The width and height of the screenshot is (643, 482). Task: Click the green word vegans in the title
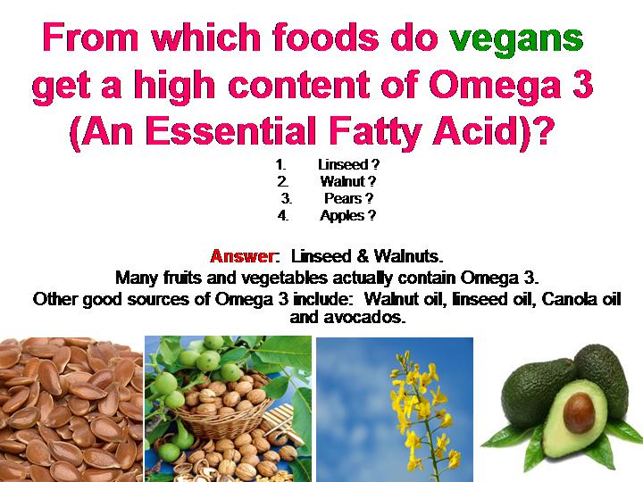pos(516,40)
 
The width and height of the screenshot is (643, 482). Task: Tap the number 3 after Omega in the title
pos(582,84)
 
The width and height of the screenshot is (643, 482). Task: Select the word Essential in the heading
pos(231,130)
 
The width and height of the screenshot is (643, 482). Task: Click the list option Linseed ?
pos(348,165)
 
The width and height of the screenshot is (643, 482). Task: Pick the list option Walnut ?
pos(347,181)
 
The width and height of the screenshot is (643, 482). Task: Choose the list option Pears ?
pos(348,199)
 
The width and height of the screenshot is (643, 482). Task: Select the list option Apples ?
pos(347,216)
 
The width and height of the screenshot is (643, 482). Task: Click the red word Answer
pos(242,256)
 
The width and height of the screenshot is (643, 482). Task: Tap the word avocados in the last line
pos(363,317)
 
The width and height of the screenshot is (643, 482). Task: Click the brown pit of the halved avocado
pos(579,411)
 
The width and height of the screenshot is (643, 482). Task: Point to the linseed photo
pos(71,409)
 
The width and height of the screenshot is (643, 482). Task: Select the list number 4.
pos(282,216)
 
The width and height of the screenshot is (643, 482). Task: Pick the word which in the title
pos(206,37)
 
